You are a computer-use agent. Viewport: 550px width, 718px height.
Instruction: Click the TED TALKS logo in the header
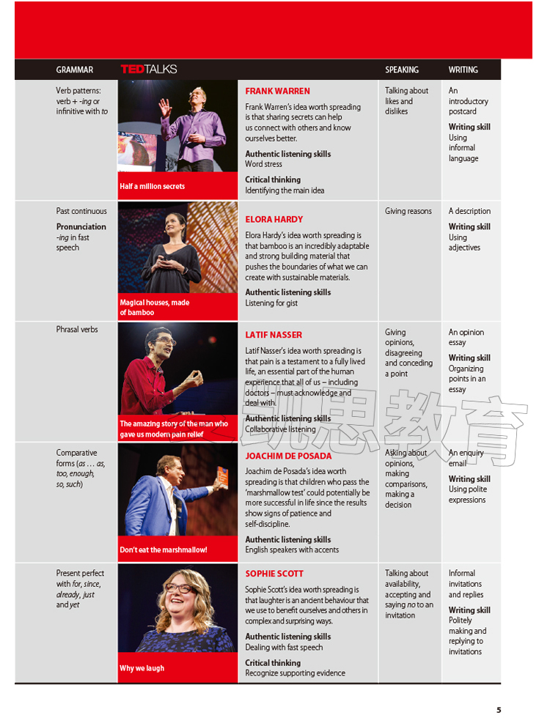149,70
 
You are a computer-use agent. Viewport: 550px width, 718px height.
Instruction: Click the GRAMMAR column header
75,70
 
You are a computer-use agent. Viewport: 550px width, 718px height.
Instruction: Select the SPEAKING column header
402,70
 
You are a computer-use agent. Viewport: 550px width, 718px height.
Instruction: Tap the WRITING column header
463,70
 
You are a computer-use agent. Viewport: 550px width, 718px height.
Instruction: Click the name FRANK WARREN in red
277,92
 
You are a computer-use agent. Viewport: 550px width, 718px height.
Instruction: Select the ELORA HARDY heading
274,219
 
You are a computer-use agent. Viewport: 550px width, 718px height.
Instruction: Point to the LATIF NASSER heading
274,335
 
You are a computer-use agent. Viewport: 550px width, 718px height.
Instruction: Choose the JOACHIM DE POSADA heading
288,456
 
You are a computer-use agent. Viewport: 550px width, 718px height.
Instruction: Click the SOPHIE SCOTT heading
274,574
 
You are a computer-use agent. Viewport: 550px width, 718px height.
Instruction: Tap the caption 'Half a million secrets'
153,187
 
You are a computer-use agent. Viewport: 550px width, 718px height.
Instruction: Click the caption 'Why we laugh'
142,668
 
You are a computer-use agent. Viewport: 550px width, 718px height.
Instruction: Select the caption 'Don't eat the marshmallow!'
164,549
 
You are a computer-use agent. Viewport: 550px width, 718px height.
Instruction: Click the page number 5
499,709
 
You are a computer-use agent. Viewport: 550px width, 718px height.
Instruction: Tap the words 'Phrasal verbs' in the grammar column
77,330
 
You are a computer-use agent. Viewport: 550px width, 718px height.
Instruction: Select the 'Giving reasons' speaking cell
408,212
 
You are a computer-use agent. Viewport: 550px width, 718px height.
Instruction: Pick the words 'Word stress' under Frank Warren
263,165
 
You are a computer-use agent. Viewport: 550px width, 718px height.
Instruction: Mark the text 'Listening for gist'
271,303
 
